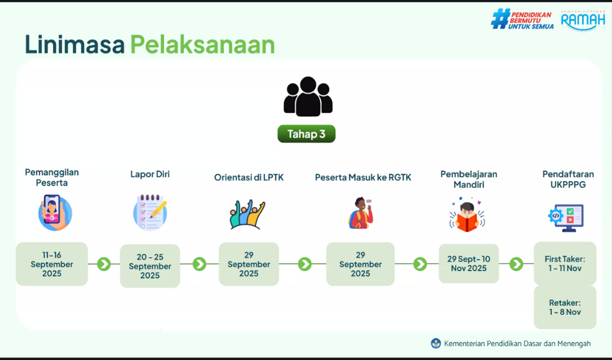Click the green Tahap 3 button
click(307, 134)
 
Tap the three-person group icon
click(308, 96)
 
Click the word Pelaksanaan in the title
click(203, 45)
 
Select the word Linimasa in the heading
click(75, 45)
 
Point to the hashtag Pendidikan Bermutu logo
click(522, 20)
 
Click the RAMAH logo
click(583, 20)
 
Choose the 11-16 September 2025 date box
click(52, 264)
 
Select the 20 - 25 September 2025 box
click(150, 266)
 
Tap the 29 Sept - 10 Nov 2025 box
click(469, 264)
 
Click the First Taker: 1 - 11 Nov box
click(565, 264)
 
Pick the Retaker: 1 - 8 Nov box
click(565, 307)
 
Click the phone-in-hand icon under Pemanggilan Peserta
click(55, 213)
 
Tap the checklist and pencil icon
click(150, 213)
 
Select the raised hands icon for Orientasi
click(247, 214)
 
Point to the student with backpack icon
click(361, 213)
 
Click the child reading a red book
click(467, 215)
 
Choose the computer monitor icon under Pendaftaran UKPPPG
click(566, 217)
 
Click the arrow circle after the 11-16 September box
click(104, 264)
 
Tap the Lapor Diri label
click(150, 174)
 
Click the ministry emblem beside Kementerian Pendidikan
click(435, 344)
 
